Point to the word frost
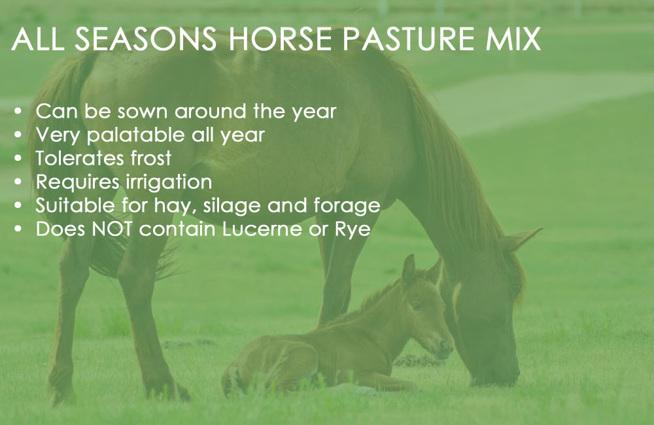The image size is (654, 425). (151, 158)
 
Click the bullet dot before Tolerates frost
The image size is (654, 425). (18, 158)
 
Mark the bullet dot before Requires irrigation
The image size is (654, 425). (18, 182)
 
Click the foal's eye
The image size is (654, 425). (415, 307)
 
